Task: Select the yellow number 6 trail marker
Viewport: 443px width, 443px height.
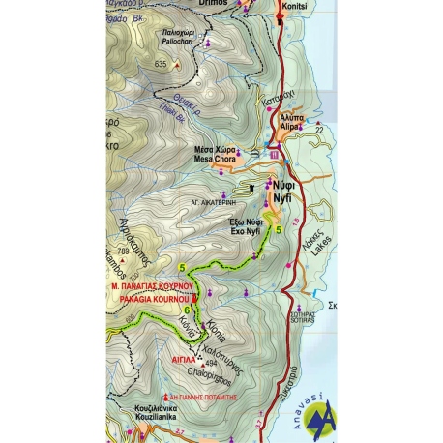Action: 199,310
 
